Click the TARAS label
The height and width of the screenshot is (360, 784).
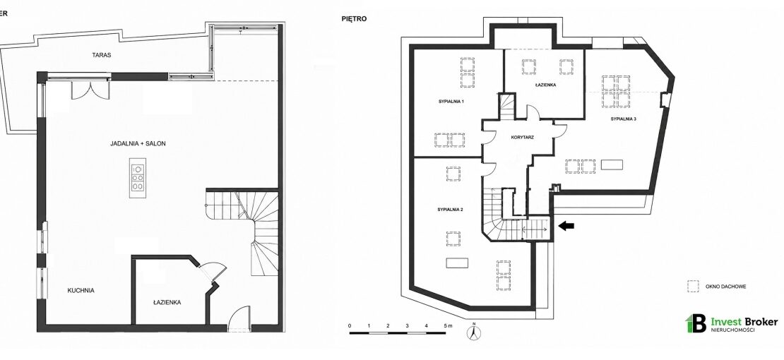102,55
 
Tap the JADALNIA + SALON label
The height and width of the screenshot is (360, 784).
138,143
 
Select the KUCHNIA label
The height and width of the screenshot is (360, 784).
81,290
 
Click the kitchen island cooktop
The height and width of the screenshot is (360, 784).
138,177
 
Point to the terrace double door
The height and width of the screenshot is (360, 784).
90,90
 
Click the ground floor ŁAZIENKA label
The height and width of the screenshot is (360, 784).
167,303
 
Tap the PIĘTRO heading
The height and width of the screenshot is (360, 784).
353,19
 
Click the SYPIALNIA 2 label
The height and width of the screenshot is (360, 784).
450,210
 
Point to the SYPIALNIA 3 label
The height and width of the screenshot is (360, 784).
623,119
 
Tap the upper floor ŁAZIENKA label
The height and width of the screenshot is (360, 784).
545,85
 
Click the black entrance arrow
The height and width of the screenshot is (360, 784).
566,226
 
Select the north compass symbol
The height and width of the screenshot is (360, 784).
473,331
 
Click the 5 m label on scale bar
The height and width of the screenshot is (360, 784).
447,326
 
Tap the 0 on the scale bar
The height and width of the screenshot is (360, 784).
350,326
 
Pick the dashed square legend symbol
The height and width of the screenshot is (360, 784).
693,286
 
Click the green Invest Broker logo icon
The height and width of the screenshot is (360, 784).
696,323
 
